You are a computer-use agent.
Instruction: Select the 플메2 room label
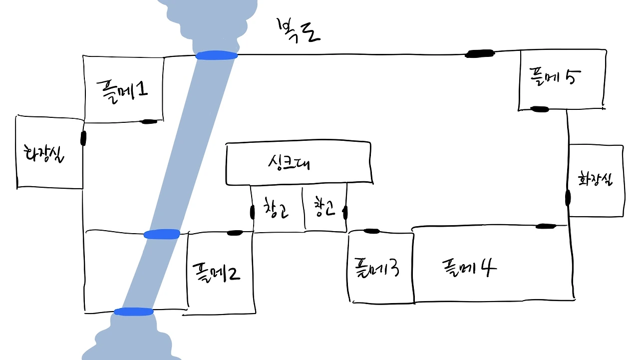tap(216, 272)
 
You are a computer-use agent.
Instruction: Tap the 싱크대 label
tap(289, 163)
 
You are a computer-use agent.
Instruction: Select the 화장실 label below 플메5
tap(595, 179)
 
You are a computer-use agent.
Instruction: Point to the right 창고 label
tap(324, 208)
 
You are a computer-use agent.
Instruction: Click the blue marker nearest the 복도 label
tap(216, 55)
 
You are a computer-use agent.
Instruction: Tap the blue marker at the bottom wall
tap(133, 312)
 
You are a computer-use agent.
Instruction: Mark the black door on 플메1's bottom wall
tap(149, 121)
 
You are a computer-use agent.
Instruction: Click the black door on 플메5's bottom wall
tap(539, 109)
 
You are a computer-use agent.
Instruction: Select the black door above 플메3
tap(371, 231)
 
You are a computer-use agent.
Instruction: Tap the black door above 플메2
tap(235, 233)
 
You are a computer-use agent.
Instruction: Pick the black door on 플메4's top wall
tap(546, 226)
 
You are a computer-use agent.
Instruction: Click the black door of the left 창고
tap(252, 212)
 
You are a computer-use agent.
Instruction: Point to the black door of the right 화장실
tap(568, 198)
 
